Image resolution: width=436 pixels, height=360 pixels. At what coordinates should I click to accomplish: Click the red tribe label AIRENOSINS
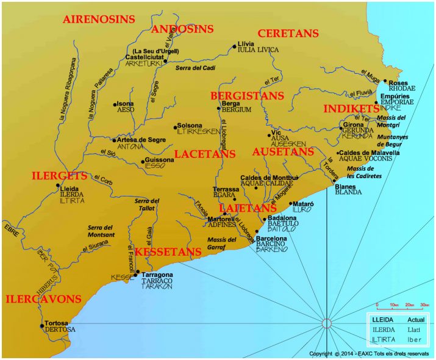(x=99, y=20)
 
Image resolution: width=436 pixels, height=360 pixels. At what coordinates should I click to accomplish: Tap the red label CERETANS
(x=289, y=33)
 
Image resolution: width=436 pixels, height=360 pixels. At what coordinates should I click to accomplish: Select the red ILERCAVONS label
(x=43, y=299)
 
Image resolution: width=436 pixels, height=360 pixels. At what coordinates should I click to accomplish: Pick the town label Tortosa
(x=57, y=323)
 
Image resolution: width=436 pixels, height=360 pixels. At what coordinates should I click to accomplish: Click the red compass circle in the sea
(x=326, y=323)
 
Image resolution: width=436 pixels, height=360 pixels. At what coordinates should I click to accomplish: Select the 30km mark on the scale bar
(x=425, y=304)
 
